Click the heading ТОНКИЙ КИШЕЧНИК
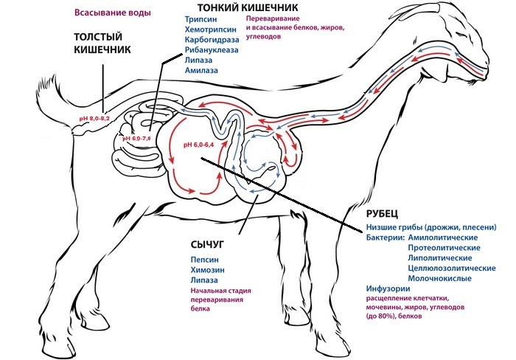coord(231,7)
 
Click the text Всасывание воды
coord(113,13)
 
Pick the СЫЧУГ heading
coord(209,243)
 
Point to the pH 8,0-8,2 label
coord(94,118)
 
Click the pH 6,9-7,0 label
coord(136,138)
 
